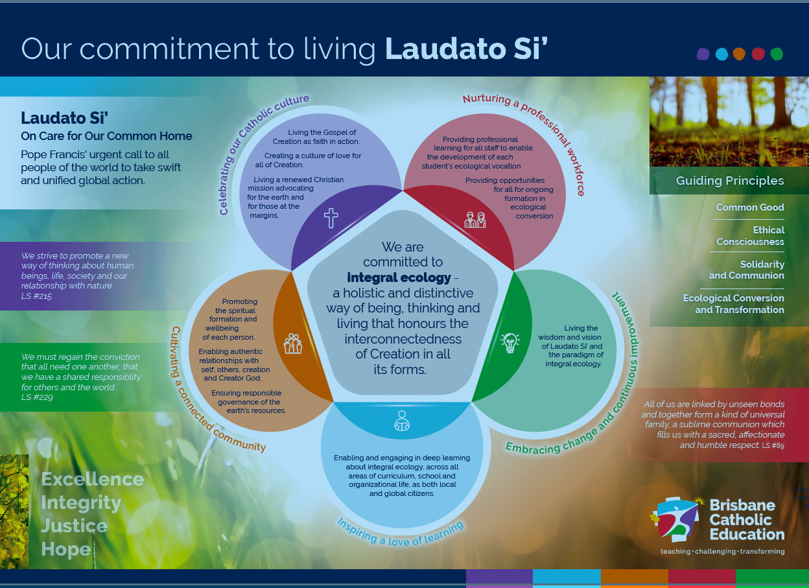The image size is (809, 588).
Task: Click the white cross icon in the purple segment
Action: click(x=331, y=218)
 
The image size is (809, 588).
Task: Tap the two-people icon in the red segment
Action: click(x=475, y=220)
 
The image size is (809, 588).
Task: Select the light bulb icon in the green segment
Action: click(x=510, y=343)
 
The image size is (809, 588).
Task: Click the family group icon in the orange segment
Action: click(x=293, y=344)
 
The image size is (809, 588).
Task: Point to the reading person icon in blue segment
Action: click(x=402, y=421)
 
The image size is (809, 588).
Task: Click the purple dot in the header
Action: click(x=703, y=54)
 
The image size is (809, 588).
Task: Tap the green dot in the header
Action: click(x=777, y=54)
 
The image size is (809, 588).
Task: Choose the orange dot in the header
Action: click(x=739, y=54)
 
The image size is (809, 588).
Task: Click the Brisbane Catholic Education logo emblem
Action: click(x=675, y=519)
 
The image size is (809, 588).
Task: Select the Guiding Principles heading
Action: click(x=730, y=181)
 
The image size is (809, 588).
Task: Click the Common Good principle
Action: click(x=750, y=207)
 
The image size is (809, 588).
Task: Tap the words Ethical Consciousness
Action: click(x=751, y=236)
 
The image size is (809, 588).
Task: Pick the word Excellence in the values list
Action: click(x=93, y=479)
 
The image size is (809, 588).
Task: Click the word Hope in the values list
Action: click(x=66, y=549)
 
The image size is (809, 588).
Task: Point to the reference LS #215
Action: click(x=36, y=296)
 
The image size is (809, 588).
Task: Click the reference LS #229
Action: click(x=37, y=397)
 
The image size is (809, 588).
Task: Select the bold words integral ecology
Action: click(x=399, y=277)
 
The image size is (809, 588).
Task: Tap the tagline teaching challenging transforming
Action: click(x=723, y=552)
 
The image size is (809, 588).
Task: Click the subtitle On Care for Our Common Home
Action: click(x=106, y=136)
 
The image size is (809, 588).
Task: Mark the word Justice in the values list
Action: click(x=75, y=526)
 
